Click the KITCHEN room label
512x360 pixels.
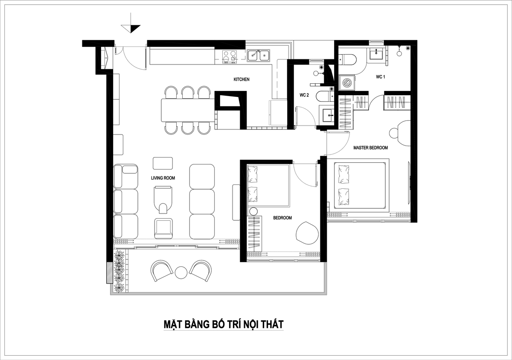click(241, 79)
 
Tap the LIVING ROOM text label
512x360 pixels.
click(163, 178)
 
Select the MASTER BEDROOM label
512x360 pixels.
click(370, 148)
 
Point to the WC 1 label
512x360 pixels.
click(380, 77)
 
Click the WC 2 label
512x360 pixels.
click(304, 95)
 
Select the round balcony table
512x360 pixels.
click(181, 273)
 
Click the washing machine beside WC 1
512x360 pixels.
click(347, 82)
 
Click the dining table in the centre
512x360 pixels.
click(188, 110)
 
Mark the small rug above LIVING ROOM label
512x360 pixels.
click(163, 163)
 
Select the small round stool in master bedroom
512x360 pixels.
click(394, 133)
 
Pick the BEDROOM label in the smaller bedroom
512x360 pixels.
click(282, 218)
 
